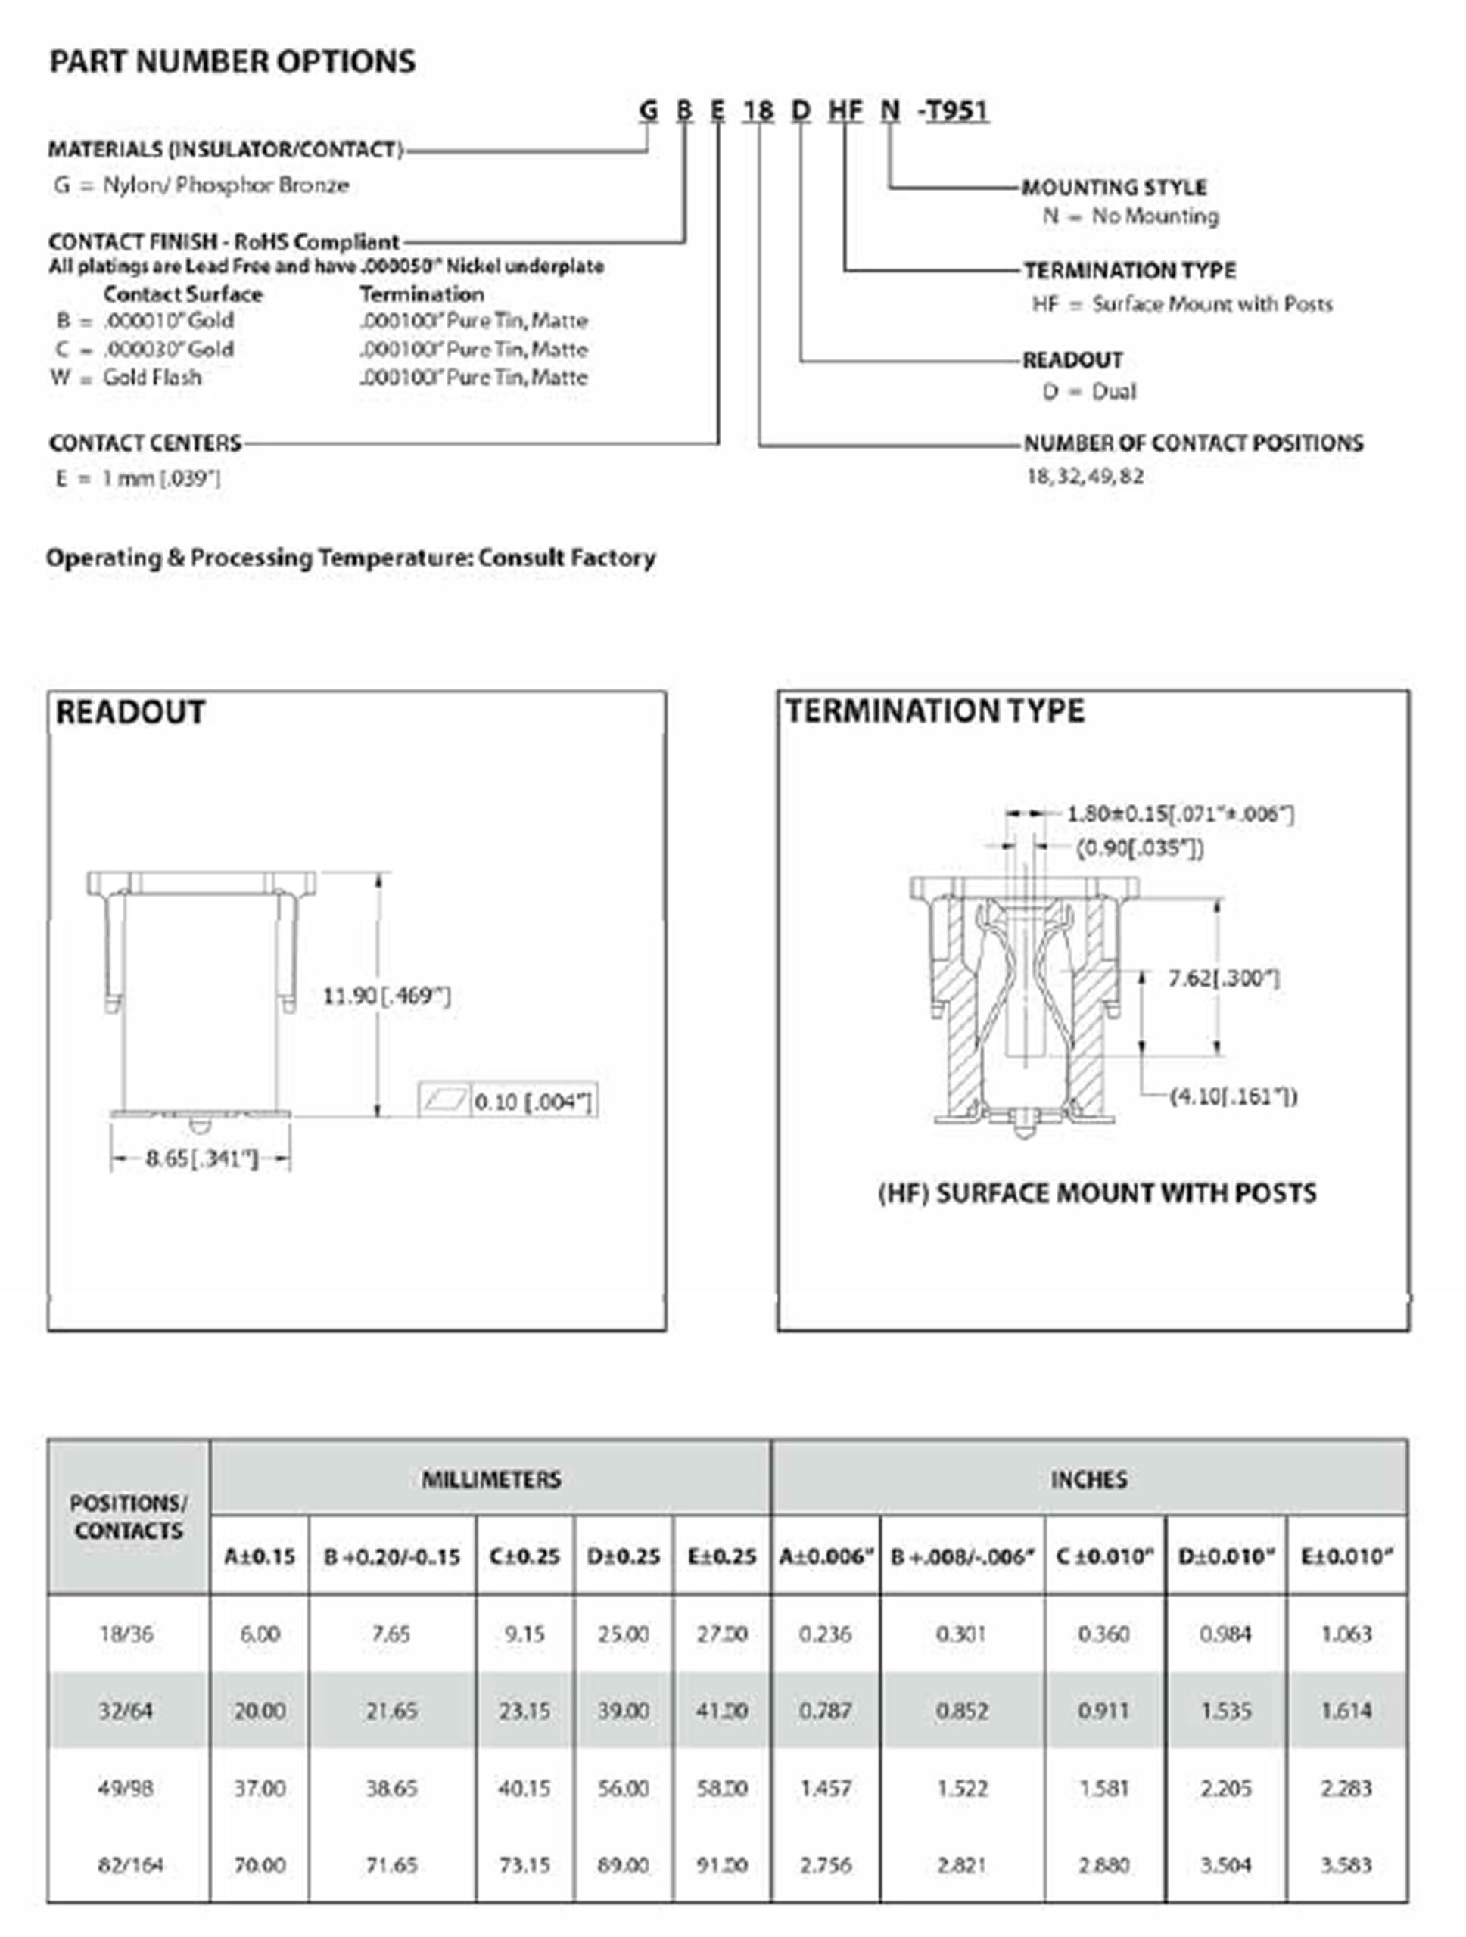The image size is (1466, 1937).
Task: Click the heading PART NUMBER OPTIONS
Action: (x=232, y=61)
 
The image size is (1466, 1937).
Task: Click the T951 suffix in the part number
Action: (x=957, y=110)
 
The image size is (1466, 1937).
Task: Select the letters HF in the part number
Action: (x=845, y=110)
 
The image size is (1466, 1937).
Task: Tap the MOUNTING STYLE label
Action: (x=1114, y=188)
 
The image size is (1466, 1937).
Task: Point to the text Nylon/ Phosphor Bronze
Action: (x=226, y=185)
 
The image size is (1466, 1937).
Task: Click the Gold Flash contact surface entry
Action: (x=152, y=378)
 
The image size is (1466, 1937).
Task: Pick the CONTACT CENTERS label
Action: (x=145, y=443)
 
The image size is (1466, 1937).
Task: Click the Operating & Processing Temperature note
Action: (x=350, y=558)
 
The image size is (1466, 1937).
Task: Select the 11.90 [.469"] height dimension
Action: (x=386, y=996)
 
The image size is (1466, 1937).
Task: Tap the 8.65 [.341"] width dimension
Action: (x=201, y=1158)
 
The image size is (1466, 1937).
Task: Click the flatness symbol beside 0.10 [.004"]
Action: (x=445, y=1101)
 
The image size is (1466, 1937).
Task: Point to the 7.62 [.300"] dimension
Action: (x=1223, y=978)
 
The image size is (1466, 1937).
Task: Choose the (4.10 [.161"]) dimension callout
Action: (x=1233, y=1096)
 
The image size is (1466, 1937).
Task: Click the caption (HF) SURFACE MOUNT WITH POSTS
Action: (x=1097, y=1193)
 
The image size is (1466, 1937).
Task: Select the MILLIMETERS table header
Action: (x=491, y=1479)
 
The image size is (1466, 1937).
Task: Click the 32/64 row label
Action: (x=126, y=1710)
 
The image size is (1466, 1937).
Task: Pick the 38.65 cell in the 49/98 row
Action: (x=391, y=1787)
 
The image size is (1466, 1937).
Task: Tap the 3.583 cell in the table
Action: (x=1346, y=1864)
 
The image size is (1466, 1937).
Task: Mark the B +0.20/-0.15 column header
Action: (x=391, y=1556)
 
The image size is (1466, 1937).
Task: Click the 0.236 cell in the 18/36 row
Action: (x=826, y=1633)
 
